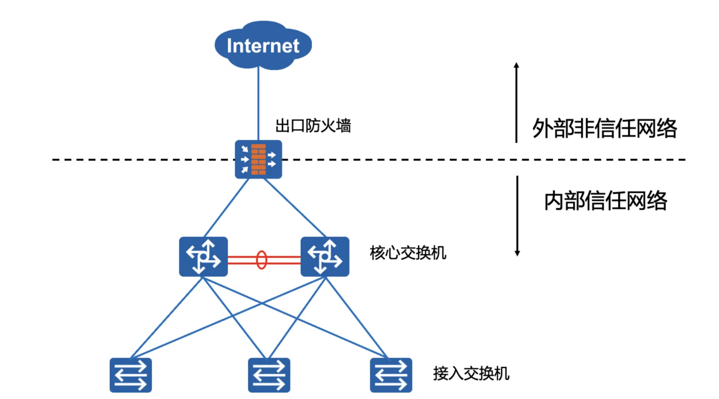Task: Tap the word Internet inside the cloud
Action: pyautogui.click(x=263, y=46)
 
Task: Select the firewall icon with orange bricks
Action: pyautogui.click(x=258, y=160)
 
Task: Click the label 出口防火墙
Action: pyautogui.click(x=313, y=125)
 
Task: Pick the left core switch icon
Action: pyautogui.click(x=203, y=256)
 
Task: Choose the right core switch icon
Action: pyautogui.click(x=325, y=256)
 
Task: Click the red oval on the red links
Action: pyautogui.click(x=261, y=260)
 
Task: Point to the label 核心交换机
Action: pyautogui.click(x=408, y=253)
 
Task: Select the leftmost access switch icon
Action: pyautogui.click(x=131, y=375)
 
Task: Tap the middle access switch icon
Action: pyautogui.click(x=269, y=375)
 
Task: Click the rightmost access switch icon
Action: pyautogui.click(x=391, y=375)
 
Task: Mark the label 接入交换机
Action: pyautogui.click(x=471, y=373)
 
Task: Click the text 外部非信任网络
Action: pyautogui.click(x=605, y=128)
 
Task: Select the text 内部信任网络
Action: pyautogui.click(x=606, y=201)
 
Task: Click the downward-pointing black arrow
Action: pyautogui.click(x=517, y=216)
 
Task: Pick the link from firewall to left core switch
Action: pyautogui.click(x=226, y=208)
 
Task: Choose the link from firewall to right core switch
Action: pyautogui.click(x=295, y=208)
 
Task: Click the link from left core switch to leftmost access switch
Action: pyautogui.click(x=166, y=318)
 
